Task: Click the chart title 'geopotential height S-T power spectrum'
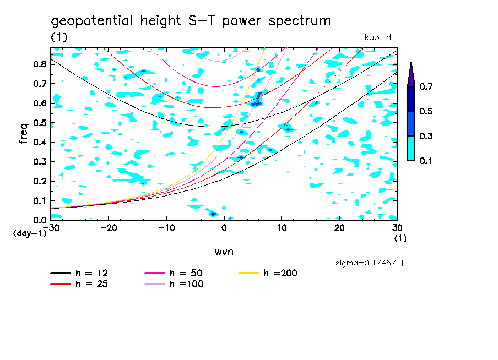click(x=191, y=21)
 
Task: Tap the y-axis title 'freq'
click(x=23, y=133)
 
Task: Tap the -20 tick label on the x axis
click(x=109, y=228)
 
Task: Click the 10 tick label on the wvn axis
click(x=282, y=228)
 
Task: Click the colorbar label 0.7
click(x=426, y=86)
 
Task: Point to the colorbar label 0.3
click(x=426, y=136)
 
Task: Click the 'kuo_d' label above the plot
click(x=377, y=37)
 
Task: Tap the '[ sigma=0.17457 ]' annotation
click(x=365, y=263)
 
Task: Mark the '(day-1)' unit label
click(x=29, y=233)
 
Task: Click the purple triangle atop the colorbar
click(x=411, y=75)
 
